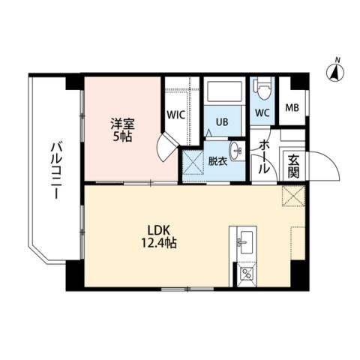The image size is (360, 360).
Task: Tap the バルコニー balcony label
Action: tap(54, 171)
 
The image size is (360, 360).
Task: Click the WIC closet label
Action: tap(176, 115)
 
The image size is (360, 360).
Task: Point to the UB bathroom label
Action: tap(223, 121)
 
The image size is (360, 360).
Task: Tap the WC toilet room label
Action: tap(262, 113)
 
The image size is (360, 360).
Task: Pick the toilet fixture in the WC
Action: tap(262, 92)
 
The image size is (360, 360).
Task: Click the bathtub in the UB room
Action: tap(223, 94)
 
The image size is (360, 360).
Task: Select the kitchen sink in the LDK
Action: tap(245, 241)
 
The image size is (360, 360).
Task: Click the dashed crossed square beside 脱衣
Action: tap(193, 161)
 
